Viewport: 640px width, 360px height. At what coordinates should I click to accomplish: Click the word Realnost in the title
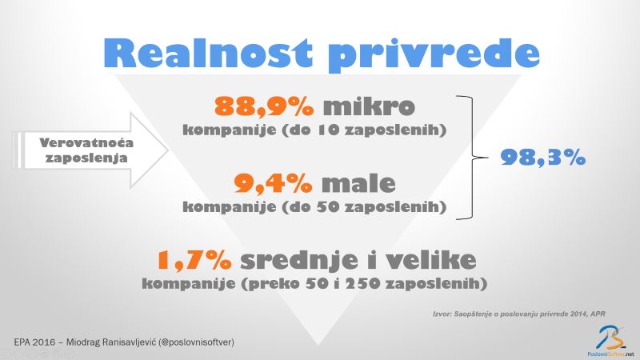point(208,53)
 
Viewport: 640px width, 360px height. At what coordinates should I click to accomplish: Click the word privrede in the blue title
point(434,55)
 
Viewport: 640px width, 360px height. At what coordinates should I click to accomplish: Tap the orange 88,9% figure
point(264,106)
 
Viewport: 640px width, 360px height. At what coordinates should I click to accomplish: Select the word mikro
point(369,106)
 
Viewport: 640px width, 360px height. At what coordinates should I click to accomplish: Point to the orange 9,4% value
point(274,183)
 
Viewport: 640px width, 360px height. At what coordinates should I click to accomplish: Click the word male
point(358,183)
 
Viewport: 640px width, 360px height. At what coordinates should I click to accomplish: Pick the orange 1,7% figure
point(194,260)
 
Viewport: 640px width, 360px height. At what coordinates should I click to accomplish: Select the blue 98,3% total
point(543,157)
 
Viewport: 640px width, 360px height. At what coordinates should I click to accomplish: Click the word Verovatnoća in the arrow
point(86,142)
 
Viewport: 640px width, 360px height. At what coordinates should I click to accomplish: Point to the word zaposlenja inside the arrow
point(86,158)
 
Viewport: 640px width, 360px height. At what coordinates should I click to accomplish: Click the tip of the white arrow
point(168,150)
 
